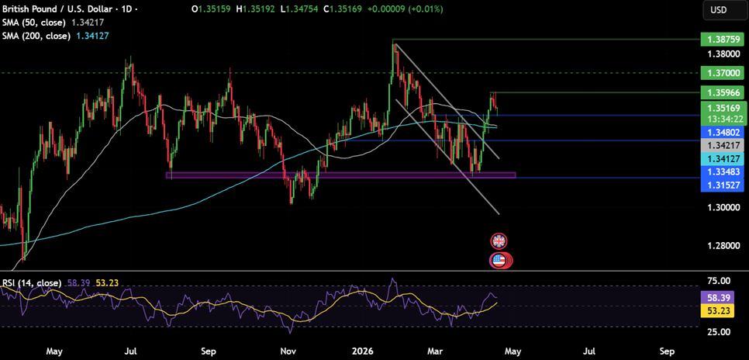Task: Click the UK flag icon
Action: tap(499, 241)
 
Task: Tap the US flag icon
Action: tap(499, 261)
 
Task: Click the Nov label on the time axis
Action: tap(288, 351)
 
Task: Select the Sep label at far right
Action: tap(667, 351)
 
